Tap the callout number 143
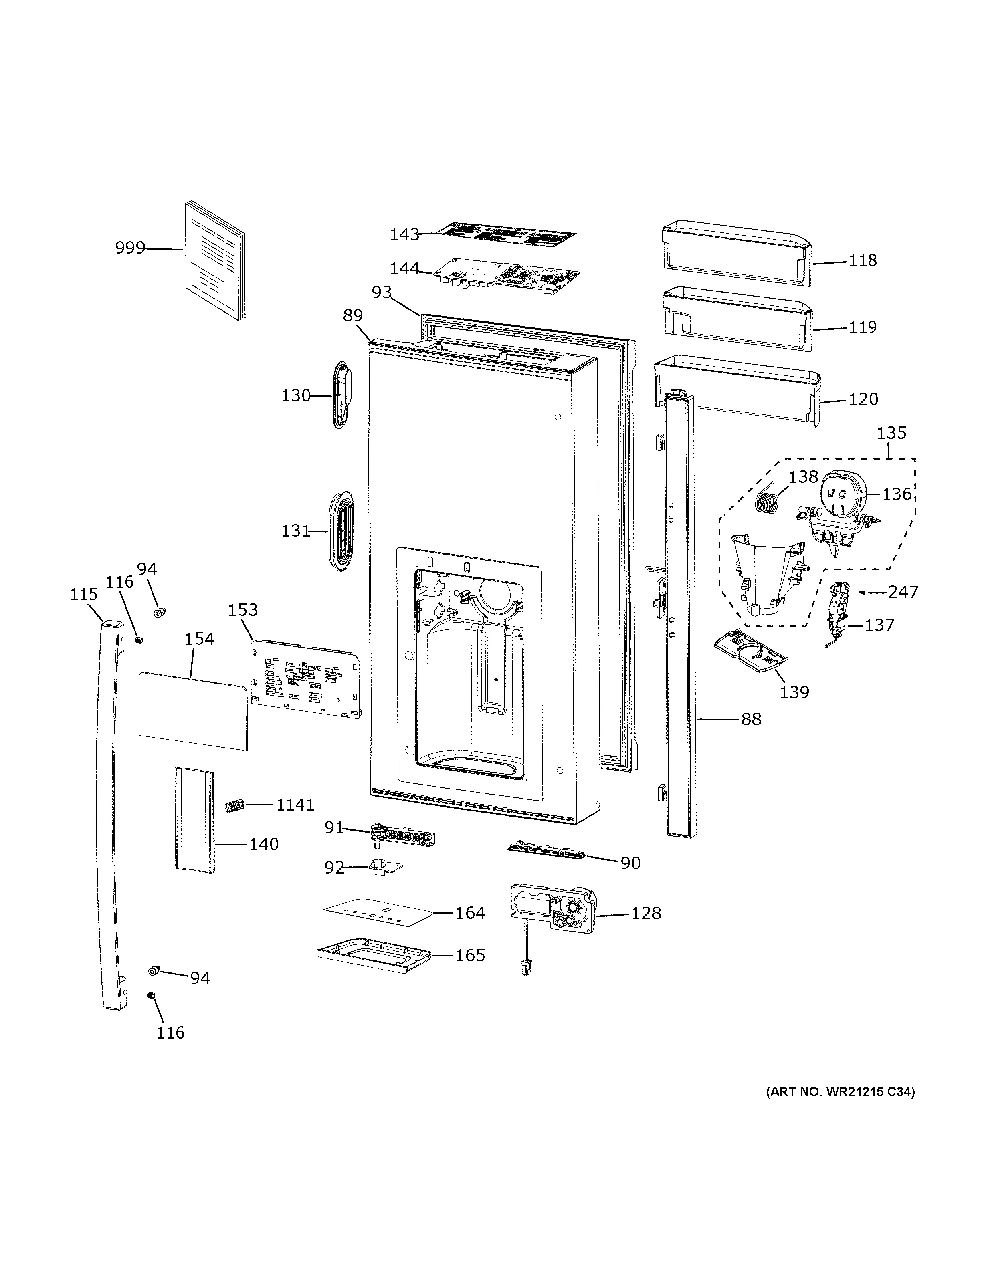click(x=404, y=235)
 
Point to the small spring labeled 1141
click(x=234, y=806)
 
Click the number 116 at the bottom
click(x=170, y=1033)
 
